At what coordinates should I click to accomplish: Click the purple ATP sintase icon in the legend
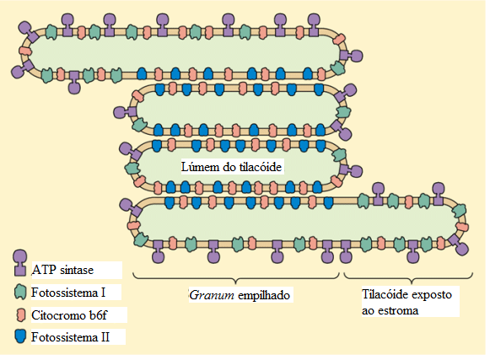tap(20, 262)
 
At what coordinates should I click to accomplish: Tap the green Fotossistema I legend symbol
tap(20, 293)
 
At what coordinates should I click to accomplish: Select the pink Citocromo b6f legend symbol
tap(20, 315)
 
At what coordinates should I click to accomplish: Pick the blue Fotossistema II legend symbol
tap(20, 336)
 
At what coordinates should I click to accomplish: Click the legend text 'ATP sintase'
tap(62, 270)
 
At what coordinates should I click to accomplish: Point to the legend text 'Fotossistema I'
tap(68, 293)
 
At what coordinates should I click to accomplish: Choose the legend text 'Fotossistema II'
tap(70, 337)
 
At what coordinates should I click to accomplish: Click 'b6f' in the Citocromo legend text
tap(98, 315)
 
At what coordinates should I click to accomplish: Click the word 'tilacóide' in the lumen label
tap(261, 167)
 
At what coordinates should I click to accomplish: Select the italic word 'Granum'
tap(212, 295)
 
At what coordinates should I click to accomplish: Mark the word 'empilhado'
tap(264, 295)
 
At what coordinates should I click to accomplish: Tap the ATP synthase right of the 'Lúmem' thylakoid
tap(351, 170)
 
